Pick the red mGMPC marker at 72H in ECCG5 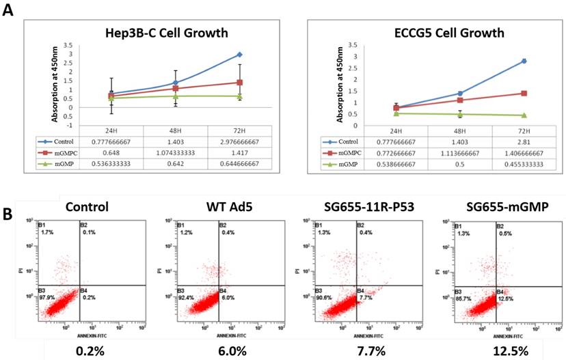tap(523, 94)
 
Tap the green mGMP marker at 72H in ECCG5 tap(523, 115)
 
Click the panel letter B tap(9, 213)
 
